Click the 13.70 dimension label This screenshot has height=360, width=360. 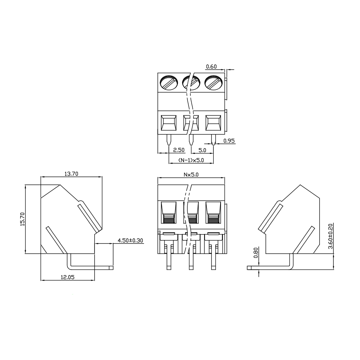pyautogui.click(x=71, y=174)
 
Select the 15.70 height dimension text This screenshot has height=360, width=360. pyautogui.click(x=22, y=219)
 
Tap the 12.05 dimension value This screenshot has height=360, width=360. pyautogui.click(x=67, y=277)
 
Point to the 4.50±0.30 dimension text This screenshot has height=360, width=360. pyautogui.click(x=130, y=240)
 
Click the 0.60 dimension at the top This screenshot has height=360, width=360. pyautogui.click(x=211, y=67)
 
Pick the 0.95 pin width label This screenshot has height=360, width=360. pyautogui.click(x=229, y=141)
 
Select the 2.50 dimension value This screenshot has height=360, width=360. pyautogui.click(x=179, y=150)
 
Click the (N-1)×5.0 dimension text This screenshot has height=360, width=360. pyautogui.click(x=191, y=160)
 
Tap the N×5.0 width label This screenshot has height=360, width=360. pyautogui.click(x=191, y=174)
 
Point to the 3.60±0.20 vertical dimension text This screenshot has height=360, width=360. pyautogui.click(x=330, y=236)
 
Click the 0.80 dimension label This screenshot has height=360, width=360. pyautogui.click(x=256, y=253)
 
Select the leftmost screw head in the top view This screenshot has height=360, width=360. pyautogui.click(x=169, y=82)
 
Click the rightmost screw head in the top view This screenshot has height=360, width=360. pyautogui.click(x=213, y=82)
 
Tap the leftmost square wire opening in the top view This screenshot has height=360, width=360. pyautogui.click(x=169, y=123)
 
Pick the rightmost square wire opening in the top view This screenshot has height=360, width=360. pyautogui.click(x=213, y=123)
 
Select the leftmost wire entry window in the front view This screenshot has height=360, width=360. pyautogui.click(x=169, y=212)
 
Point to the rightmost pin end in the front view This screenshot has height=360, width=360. pyautogui.click(x=213, y=268)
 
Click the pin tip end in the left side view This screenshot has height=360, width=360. pyautogui.click(x=112, y=268)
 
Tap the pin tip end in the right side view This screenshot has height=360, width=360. pyautogui.click(x=249, y=268)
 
